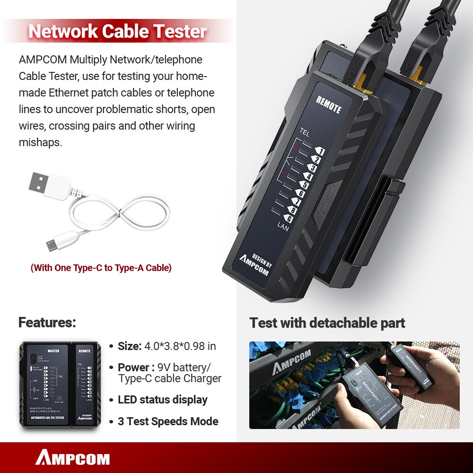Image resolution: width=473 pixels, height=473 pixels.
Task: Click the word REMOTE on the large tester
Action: click(328, 104)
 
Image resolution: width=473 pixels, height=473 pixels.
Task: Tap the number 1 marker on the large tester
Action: click(320, 151)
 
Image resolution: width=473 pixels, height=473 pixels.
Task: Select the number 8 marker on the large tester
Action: click(293, 210)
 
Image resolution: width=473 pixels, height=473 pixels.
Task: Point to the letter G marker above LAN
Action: click(289, 219)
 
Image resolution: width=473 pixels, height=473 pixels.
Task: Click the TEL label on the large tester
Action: click(304, 133)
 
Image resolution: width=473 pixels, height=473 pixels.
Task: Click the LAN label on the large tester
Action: click(283, 228)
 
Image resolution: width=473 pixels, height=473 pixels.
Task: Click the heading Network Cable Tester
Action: click(118, 31)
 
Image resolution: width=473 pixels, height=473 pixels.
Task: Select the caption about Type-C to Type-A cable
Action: click(101, 268)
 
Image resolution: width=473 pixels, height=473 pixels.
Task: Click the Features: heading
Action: click(47, 323)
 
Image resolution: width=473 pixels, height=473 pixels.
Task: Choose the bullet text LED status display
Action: click(163, 400)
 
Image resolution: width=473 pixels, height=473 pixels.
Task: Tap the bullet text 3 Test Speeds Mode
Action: click(168, 421)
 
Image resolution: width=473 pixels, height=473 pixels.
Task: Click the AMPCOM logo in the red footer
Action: click(72, 458)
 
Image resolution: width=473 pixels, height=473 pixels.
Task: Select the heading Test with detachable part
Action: click(327, 323)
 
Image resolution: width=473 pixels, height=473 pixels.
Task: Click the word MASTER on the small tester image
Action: click(53, 351)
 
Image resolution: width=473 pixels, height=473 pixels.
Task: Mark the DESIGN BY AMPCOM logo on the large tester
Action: click(256, 263)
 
